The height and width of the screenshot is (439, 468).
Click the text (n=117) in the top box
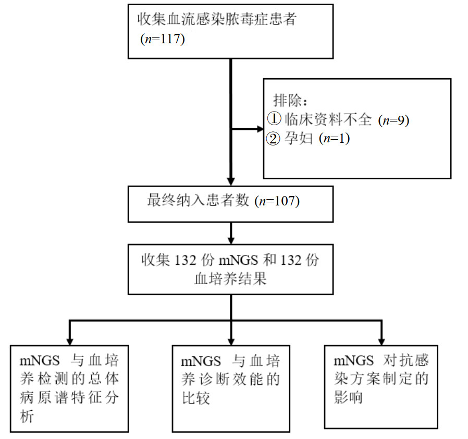[x=163, y=39]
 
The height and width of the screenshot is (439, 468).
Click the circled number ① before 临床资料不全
[x=274, y=119]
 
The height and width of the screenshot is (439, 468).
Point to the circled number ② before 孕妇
[x=274, y=139]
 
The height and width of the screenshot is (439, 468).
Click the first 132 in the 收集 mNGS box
[x=186, y=260]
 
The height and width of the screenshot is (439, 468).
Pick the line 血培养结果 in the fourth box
[x=230, y=279]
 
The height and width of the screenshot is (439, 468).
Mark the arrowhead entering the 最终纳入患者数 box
[x=231, y=181]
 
